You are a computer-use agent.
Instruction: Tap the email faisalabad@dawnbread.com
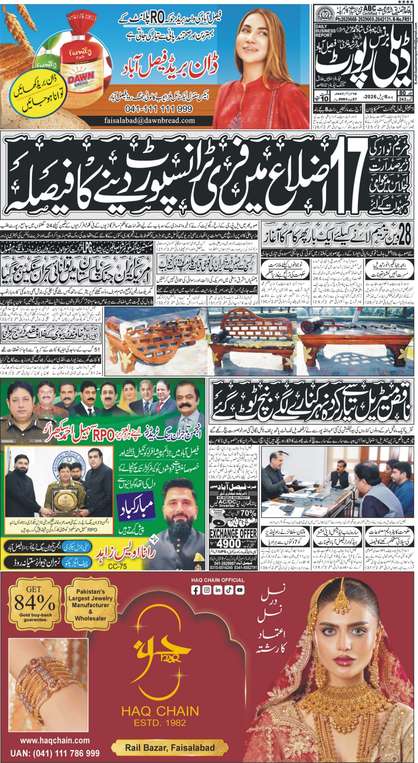pyautogui.click(x=150, y=121)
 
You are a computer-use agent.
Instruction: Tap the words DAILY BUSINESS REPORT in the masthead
pyautogui.click(x=326, y=31)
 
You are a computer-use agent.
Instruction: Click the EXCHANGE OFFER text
pyautogui.click(x=233, y=533)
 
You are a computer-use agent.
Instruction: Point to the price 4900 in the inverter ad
pyautogui.click(x=229, y=543)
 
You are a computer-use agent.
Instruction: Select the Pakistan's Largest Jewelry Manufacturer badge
pyautogui.click(x=91, y=605)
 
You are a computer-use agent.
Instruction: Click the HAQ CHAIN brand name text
pyautogui.click(x=160, y=711)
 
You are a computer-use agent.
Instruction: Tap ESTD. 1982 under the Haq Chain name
pyautogui.click(x=160, y=723)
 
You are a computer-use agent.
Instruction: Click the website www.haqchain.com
pyautogui.click(x=55, y=740)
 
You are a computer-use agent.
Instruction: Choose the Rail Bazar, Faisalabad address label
pyautogui.click(x=170, y=747)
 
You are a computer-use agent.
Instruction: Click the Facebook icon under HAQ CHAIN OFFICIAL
pyautogui.click(x=196, y=590)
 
